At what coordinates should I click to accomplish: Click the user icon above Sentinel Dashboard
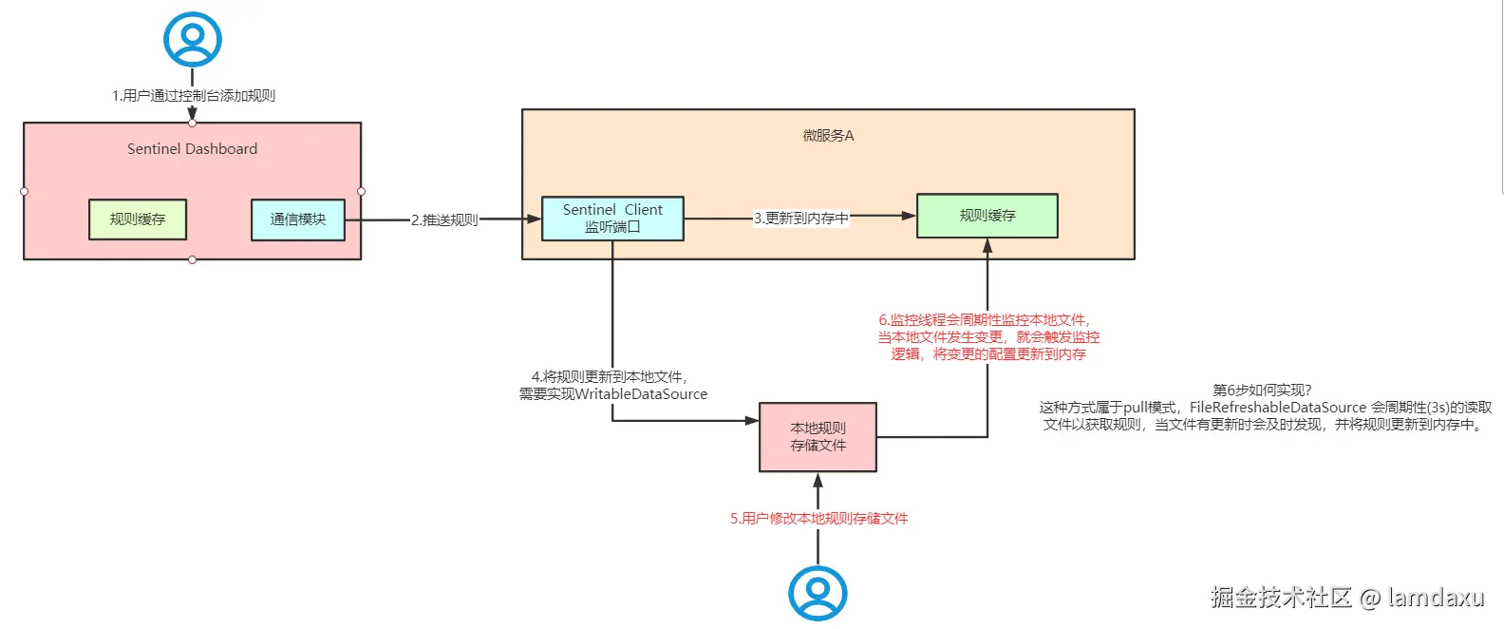[x=193, y=39]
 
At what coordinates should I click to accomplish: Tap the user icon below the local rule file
[x=818, y=594]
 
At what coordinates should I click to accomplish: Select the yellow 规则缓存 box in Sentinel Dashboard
[x=138, y=219]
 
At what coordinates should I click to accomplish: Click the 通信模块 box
[x=298, y=219]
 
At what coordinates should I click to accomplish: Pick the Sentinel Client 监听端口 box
[x=612, y=219]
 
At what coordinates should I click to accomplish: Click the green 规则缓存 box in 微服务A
[x=987, y=216]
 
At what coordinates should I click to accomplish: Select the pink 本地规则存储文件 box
[x=818, y=437]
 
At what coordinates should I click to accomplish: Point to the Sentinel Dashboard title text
[x=193, y=149]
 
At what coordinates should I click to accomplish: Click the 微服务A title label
[x=828, y=136]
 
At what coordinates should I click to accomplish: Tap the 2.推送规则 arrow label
[x=444, y=220]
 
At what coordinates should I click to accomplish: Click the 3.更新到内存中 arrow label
[x=801, y=219]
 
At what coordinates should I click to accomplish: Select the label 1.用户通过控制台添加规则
[x=194, y=96]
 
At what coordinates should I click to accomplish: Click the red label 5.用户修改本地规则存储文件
[x=818, y=519]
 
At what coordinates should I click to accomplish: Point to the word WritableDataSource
[x=642, y=394]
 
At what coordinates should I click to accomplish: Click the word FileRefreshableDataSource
[x=1278, y=408]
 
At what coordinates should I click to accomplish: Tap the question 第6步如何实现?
[x=1262, y=391]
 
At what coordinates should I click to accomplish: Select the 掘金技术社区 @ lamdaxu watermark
[x=1346, y=598]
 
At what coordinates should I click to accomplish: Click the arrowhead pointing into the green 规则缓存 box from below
[x=987, y=246]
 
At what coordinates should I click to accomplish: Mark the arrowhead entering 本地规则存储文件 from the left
[x=752, y=420]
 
